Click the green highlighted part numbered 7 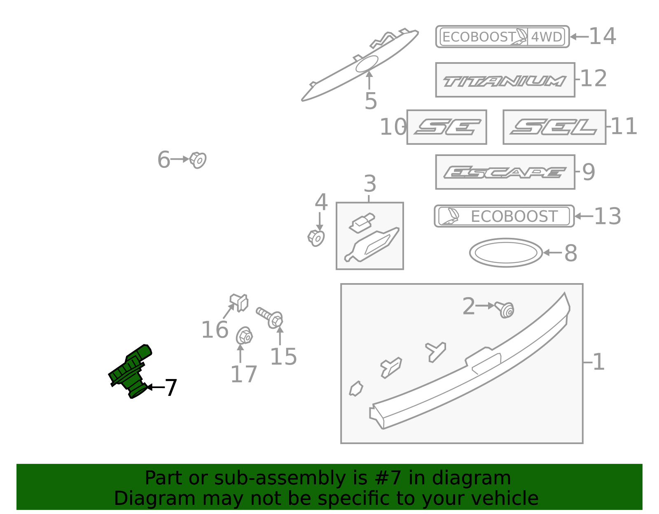coord(129,371)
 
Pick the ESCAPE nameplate coord(505,172)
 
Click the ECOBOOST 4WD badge coord(502,37)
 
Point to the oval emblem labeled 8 coord(505,253)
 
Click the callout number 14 coord(602,36)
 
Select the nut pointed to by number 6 coord(198,160)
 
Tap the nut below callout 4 coord(316,238)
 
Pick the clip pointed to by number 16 coord(239,302)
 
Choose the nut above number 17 coord(244,335)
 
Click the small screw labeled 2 coord(504,310)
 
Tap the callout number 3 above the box coord(370,184)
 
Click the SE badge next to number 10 coord(447,127)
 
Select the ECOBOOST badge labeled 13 coord(504,216)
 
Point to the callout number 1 coord(598,362)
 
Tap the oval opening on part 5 coord(367,64)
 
